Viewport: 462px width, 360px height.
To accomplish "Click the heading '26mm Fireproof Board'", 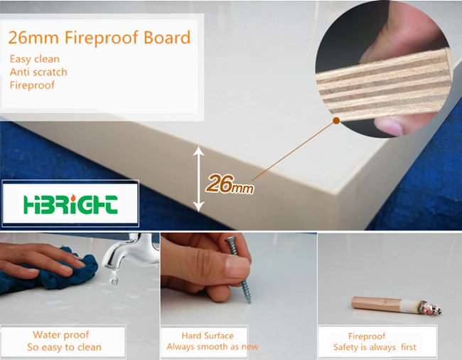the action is pos(100,38).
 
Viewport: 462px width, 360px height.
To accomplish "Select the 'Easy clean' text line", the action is pos(35,59).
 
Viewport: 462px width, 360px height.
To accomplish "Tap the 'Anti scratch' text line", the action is pos(38,72).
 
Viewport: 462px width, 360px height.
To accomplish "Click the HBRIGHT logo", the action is pos(70,204).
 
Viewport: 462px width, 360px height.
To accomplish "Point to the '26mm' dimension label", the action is pos(230,184).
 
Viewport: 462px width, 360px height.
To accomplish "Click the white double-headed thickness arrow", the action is pos(199,179).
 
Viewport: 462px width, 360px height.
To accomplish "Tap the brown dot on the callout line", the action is pos(336,120).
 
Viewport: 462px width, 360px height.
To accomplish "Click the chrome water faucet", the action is pos(129,250).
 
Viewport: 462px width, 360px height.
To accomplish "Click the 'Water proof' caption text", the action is pos(61,335).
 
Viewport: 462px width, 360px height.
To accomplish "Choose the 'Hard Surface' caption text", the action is pos(208,336).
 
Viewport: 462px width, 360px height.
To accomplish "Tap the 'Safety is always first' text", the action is pos(375,347).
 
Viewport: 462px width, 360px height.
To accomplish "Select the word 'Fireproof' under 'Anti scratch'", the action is pos(32,85).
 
